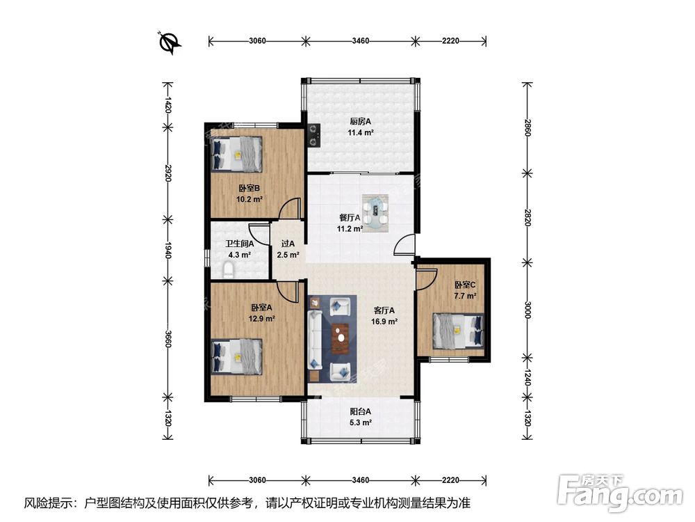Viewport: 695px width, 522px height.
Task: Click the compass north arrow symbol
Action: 170,43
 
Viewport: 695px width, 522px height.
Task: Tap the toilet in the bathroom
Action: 228,270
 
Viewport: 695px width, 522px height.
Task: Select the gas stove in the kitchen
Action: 314,135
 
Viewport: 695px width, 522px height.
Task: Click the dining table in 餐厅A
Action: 376,214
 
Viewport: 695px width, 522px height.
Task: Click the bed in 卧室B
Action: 237,154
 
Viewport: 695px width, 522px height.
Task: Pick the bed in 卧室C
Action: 458,331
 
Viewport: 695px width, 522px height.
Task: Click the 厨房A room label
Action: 360,121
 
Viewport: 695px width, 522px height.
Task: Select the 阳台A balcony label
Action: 360,411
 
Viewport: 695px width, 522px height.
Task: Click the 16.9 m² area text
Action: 384,322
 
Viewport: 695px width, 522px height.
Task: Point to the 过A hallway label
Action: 288,244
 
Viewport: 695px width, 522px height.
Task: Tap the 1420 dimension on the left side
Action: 168,105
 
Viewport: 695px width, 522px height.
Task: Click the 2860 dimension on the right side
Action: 528,127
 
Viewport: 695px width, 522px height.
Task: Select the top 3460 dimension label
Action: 360,41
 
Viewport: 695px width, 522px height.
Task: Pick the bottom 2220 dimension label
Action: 450,480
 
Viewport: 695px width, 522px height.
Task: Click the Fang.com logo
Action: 620,493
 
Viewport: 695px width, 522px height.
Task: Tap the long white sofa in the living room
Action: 315,340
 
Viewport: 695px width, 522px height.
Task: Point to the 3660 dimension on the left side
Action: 168,339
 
